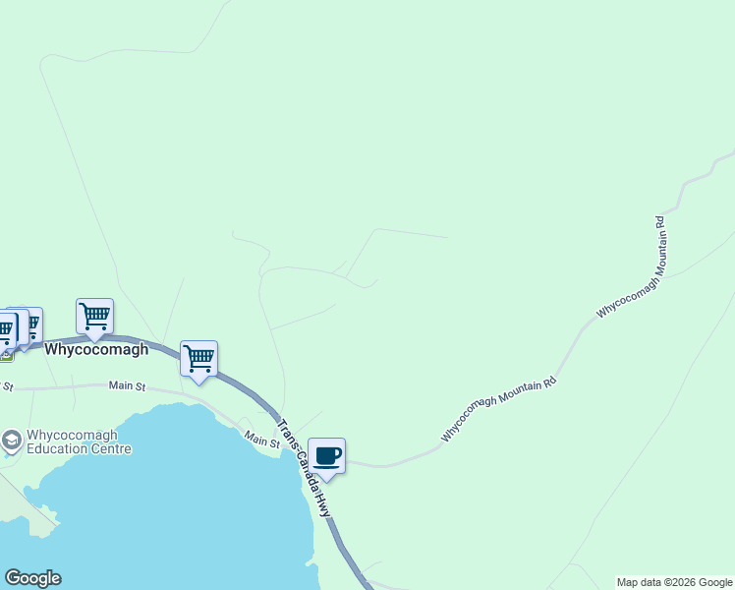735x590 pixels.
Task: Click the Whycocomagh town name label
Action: pyautogui.click(x=96, y=349)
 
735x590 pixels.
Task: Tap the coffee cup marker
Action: pyautogui.click(x=327, y=456)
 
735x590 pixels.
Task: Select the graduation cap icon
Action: pyautogui.click(x=12, y=441)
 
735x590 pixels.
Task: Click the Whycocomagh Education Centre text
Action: pyautogui.click(x=79, y=442)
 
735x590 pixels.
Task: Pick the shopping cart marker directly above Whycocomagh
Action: pyautogui.click(x=95, y=317)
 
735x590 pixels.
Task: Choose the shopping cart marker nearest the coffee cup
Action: pyautogui.click(x=198, y=359)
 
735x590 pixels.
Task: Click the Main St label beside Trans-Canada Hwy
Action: pyautogui.click(x=262, y=439)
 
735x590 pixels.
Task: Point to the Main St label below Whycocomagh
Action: pyautogui.click(x=127, y=385)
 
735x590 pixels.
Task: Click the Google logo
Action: pyautogui.click(x=32, y=578)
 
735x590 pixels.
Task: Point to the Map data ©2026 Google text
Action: pyautogui.click(x=674, y=582)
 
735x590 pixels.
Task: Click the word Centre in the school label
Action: pyautogui.click(x=111, y=449)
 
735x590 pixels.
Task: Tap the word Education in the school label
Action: pyautogui.click(x=59, y=449)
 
